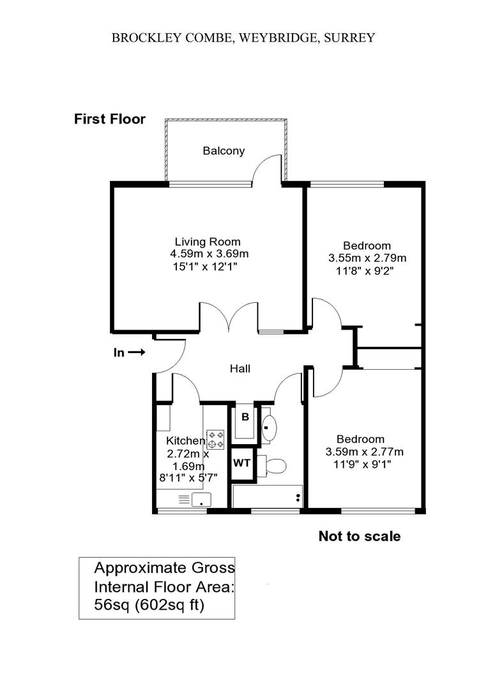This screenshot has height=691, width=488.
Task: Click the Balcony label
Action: pyautogui.click(x=224, y=151)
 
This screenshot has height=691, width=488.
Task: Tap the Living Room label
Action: pyautogui.click(x=208, y=241)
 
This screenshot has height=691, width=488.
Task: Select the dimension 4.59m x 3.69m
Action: pyautogui.click(x=210, y=254)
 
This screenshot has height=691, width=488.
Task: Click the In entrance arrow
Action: pyautogui.click(x=137, y=352)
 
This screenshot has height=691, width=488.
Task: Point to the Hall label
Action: pyautogui.click(x=240, y=369)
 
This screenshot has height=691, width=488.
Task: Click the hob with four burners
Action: pyautogui.click(x=215, y=440)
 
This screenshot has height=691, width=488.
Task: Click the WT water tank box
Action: pyautogui.click(x=241, y=463)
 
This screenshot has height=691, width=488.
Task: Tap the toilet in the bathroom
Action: pyautogui.click(x=272, y=466)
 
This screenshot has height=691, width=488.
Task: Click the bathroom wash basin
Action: pyautogui.click(x=269, y=427)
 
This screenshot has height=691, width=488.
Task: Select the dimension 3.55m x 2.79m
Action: pyautogui.click(x=367, y=258)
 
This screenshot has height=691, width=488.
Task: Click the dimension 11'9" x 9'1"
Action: pyautogui.click(x=363, y=464)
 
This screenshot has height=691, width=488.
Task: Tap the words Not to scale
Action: pyautogui.click(x=360, y=536)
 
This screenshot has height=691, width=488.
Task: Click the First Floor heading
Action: pyautogui.click(x=110, y=119)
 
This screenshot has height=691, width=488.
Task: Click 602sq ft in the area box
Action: pyautogui.click(x=169, y=605)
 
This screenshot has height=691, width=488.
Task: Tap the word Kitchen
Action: pyautogui.click(x=185, y=441)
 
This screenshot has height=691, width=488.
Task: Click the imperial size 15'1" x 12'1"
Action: pyautogui.click(x=206, y=267)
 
